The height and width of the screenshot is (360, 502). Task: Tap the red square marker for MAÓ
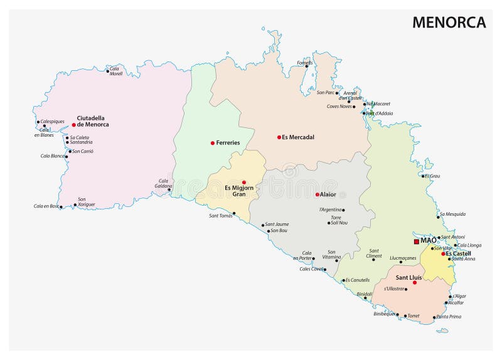coord(416,241)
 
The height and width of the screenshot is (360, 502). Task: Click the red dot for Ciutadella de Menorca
coord(73,125)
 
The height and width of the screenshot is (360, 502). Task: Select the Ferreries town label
coord(228,143)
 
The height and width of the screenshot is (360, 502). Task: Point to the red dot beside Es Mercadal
coord(279,137)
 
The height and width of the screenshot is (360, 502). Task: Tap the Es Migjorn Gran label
coord(235,191)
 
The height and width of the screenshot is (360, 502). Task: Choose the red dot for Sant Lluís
coord(415,282)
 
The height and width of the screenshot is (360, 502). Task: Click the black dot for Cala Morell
coord(107,71)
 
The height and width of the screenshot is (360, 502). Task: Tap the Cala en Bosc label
coord(46,206)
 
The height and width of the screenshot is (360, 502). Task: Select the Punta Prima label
coord(449,317)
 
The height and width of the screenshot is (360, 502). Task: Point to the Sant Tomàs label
coord(220,216)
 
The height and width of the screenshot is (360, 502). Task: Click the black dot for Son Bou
coord(269,231)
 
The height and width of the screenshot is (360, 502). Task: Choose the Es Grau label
coord(432,176)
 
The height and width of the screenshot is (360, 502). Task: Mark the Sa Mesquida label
coord(452,214)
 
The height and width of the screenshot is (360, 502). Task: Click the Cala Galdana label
coord(163,183)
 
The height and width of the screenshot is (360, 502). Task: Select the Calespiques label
coord(52,122)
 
